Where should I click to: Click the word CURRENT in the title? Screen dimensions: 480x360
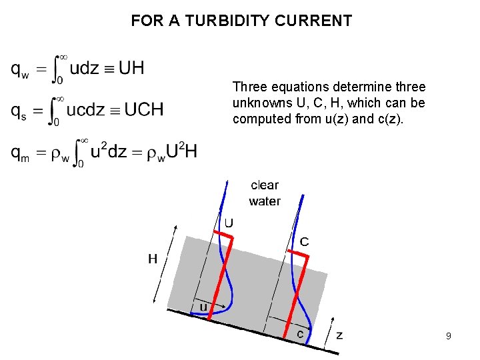point(319,21)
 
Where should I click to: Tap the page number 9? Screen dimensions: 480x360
point(449,337)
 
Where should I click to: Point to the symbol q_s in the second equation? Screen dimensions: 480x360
point(19,111)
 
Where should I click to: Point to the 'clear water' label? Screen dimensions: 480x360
point(265,193)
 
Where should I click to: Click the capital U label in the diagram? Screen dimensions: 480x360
point(228,222)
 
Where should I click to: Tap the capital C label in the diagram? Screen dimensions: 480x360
point(304,241)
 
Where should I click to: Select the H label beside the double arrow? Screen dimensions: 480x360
point(153,259)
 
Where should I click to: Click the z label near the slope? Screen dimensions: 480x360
point(339,335)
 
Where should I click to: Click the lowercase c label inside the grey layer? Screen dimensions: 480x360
point(301,333)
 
